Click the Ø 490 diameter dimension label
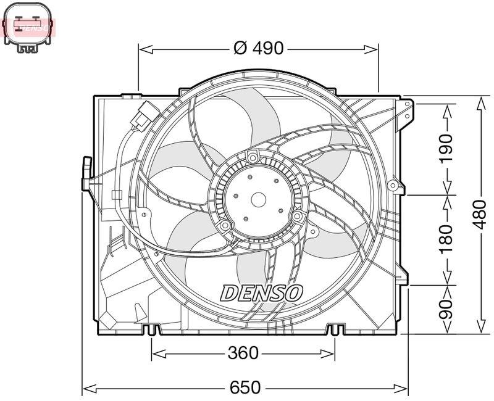click(259, 48)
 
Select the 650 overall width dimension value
click(246, 388)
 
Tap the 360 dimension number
click(243, 353)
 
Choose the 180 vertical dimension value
click(446, 239)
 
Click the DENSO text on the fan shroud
click(261, 292)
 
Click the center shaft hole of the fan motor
click(258, 199)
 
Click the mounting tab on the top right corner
click(406, 112)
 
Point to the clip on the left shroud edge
click(86, 173)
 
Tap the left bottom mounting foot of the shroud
click(151, 331)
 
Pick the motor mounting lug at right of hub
click(298, 217)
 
